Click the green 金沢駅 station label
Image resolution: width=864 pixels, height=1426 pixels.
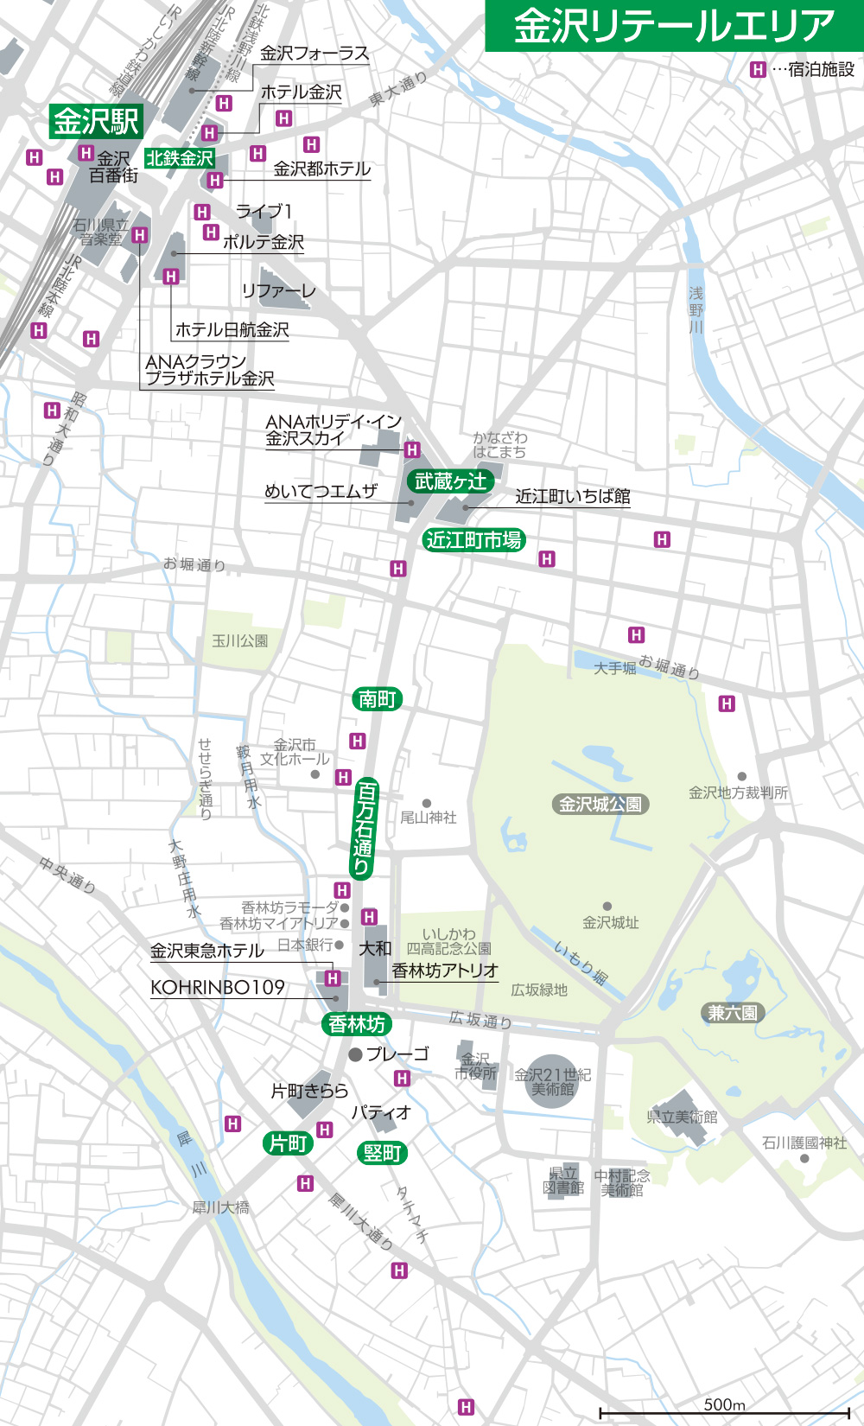click(x=95, y=121)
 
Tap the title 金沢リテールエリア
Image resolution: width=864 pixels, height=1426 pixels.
click(x=674, y=26)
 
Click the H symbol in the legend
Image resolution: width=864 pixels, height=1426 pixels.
click(x=758, y=70)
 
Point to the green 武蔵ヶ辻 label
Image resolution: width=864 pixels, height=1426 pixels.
click(x=450, y=481)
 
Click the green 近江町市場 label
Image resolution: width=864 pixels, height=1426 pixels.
click(x=474, y=540)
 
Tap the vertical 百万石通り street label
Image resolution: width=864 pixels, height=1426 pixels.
click(x=365, y=828)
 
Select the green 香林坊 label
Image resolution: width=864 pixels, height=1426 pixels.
click(x=357, y=1024)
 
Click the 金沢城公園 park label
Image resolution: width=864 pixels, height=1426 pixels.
click(x=600, y=805)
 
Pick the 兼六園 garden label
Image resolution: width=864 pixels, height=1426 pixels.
click(x=733, y=1013)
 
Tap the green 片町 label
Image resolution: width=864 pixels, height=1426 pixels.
click(x=288, y=1143)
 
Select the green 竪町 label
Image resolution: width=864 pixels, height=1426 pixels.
click(x=381, y=1153)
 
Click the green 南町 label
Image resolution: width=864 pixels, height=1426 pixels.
click(x=378, y=698)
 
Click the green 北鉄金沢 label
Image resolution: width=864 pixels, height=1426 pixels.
click(x=180, y=158)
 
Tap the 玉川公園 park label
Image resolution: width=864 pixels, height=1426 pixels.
click(x=240, y=641)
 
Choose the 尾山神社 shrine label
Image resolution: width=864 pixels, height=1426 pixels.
click(x=429, y=817)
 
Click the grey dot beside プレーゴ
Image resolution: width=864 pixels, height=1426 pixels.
click(x=355, y=1054)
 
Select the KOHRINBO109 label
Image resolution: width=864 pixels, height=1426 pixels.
click(x=218, y=988)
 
